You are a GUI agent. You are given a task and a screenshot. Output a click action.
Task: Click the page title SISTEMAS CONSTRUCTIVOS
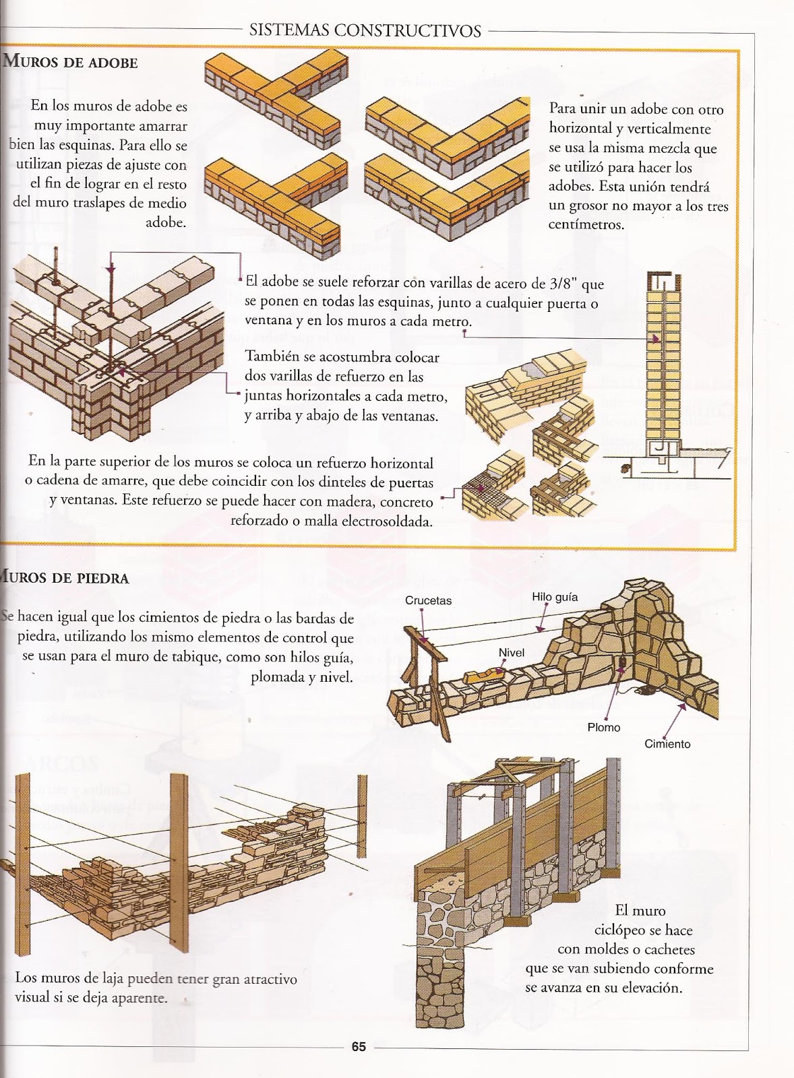click(x=365, y=30)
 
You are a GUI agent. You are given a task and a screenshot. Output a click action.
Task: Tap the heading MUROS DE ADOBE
click(x=71, y=63)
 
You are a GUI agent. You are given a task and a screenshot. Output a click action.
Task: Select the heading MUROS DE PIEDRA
click(x=65, y=578)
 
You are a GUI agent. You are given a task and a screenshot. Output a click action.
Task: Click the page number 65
click(x=358, y=1046)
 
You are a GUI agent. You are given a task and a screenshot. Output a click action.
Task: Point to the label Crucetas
click(x=428, y=600)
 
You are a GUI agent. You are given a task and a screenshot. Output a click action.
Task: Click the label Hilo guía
click(x=554, y=596)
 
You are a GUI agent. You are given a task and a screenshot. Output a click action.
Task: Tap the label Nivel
click(x=511, y=652)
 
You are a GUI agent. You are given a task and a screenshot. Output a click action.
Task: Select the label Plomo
click(x=603, y=727)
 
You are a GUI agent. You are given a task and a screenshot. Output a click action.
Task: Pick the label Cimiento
click(x=667, y=744)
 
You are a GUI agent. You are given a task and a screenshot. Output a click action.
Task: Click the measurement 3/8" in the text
click(x=556, y=284)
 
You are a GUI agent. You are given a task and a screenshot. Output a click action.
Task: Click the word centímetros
click(x=586, y=224)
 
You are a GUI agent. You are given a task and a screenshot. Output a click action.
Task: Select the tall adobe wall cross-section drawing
click(x=663, y=364)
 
